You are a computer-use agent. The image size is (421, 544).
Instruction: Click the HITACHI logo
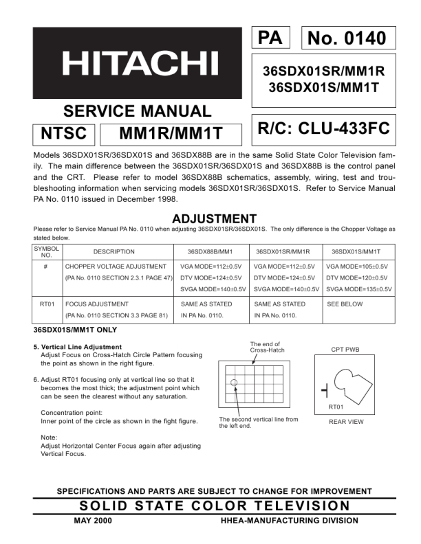click(x=140, y=65)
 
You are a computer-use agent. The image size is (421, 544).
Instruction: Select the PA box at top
click(x=270, y=38)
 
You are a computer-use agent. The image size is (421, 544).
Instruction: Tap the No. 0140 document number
click(x=347, y=38)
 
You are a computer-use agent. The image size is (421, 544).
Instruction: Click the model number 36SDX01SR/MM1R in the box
click(x=323, y=71)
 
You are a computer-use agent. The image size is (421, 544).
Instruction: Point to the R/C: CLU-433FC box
click(x=323, y=128)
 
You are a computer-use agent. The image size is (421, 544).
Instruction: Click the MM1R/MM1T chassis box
click(x=171, y=133)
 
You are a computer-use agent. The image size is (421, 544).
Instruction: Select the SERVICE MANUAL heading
click(x=137, y=111)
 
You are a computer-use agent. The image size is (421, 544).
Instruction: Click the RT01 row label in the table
click(x=47, y=304)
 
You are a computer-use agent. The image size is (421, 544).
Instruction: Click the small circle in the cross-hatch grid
click(x=234, y=382)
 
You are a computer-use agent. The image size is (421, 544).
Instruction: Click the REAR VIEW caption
click(x=346, y=422)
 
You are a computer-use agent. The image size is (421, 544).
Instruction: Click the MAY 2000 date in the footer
click(x=92, y=520)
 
